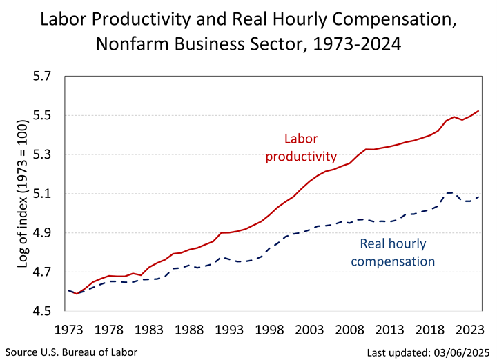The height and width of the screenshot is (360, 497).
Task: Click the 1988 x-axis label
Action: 189,330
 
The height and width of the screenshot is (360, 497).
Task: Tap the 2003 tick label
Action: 306,330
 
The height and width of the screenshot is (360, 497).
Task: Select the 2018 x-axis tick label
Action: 423,330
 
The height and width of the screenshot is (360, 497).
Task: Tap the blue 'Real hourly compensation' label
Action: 397,252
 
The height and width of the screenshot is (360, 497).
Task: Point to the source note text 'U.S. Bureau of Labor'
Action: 90,352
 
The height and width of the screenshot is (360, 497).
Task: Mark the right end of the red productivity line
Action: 478,111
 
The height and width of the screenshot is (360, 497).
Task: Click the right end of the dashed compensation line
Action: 478,197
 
